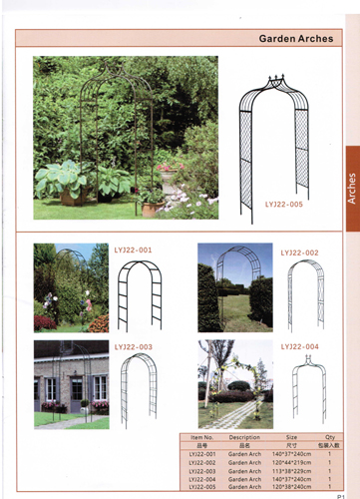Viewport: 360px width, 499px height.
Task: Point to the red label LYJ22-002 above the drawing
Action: (x=298, y=253)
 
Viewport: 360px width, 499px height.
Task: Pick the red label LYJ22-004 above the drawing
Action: (x=298, y=346)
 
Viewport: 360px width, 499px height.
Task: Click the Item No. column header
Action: (x=202, y=436)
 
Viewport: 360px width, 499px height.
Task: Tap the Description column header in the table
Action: (x=244, y=436)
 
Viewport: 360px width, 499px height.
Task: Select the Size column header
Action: (x=291, y=436)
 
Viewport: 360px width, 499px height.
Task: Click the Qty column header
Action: (x=329, y=436)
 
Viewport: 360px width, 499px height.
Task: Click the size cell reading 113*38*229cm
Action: (x=291, y=471)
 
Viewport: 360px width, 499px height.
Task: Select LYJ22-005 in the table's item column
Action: (x=202, y=487)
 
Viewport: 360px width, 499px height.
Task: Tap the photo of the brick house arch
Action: (x=71, y=384)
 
